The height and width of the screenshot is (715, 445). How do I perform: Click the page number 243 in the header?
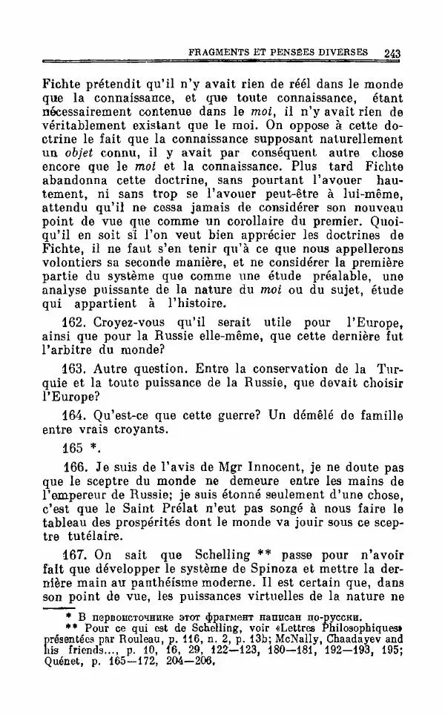tap(392, 53)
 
